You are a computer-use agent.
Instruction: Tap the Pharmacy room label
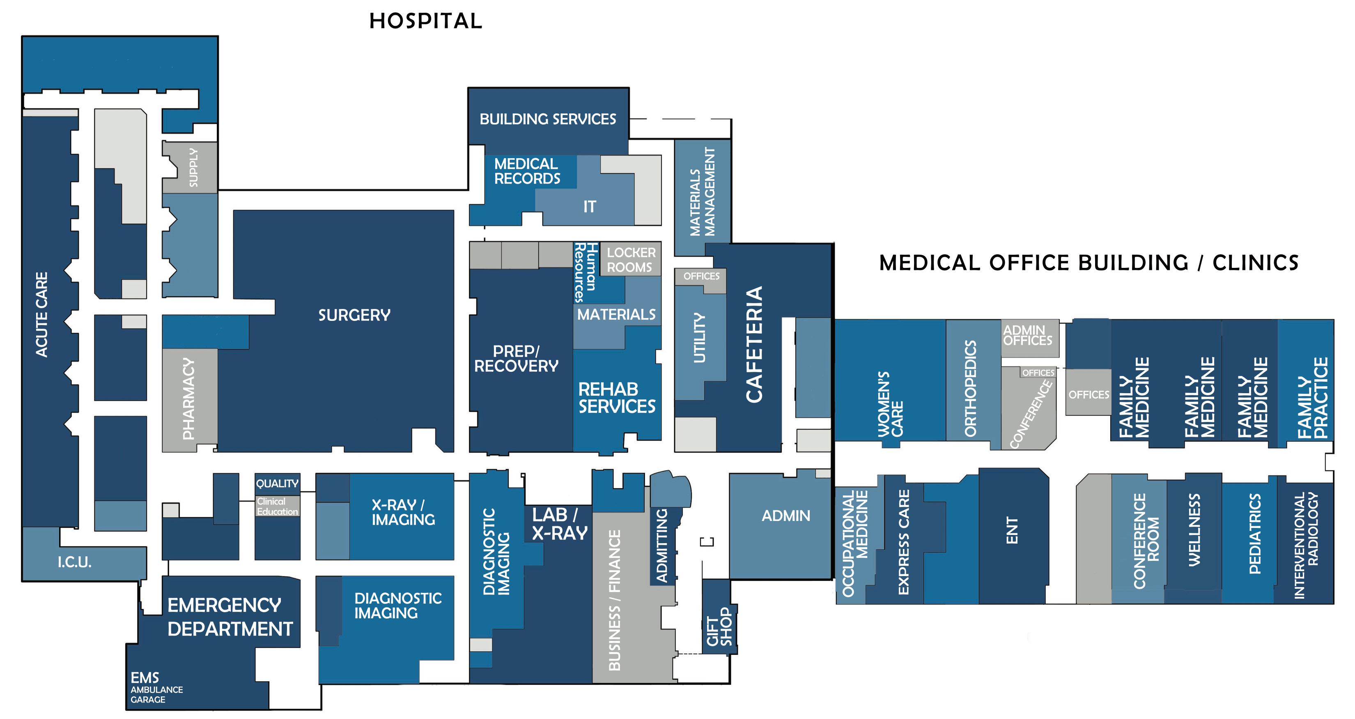188,399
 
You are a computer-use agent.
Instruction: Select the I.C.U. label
75,562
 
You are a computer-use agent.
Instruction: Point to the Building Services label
548,120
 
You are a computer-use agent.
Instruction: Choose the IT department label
589,207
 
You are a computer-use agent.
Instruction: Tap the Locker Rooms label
631,260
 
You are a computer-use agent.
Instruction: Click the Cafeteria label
754,344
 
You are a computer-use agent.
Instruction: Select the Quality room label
277,483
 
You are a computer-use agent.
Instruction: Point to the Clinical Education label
277,506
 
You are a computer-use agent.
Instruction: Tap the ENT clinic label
1012,530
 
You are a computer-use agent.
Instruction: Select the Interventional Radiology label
1306,545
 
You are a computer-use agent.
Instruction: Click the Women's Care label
891,404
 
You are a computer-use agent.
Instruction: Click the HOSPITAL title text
425,21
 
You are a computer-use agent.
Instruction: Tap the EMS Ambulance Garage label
156,687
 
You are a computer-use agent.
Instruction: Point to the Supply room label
193,167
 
